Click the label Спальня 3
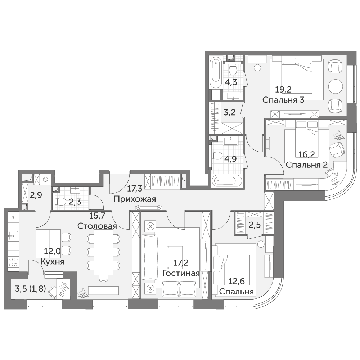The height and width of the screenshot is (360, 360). click(283, 100)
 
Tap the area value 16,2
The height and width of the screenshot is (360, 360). click(306, 154)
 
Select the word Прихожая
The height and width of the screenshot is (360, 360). click(135, 199)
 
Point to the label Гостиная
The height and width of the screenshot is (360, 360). click(181, 273)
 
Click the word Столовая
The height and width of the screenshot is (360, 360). click(97, 226)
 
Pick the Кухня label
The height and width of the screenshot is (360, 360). click(52, 262)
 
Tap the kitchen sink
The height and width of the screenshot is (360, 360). click(13, 236)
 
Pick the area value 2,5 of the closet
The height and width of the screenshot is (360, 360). click(255, 225)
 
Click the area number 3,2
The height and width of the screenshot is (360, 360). click(230, 112)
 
